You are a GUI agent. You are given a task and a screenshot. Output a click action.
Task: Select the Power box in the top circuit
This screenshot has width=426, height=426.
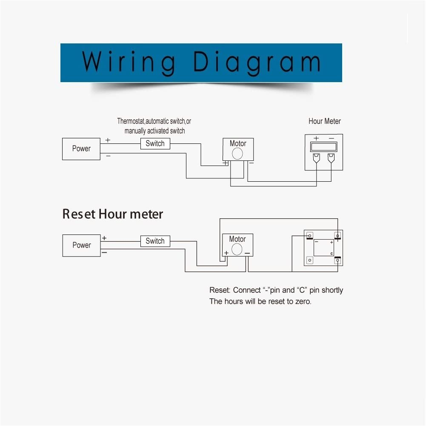[81, 149]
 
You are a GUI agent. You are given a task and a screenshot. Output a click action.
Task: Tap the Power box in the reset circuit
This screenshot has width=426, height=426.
[82, 245]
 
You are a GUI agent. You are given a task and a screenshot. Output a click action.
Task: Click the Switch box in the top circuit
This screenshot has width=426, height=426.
[155, 143]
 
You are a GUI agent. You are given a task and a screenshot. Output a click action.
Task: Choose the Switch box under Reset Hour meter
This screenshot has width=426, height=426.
[155, 241]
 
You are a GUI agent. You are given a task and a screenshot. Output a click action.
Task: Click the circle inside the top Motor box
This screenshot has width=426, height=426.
[237, 154]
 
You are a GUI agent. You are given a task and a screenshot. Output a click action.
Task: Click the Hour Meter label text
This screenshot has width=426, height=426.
[324, 121]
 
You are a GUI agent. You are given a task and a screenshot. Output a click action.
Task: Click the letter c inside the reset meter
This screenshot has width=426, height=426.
[332, 254]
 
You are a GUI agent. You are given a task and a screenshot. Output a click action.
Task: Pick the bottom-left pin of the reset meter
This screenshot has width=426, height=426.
[309, 260]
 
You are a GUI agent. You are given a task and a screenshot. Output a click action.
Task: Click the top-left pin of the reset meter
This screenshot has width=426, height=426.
[309, 236]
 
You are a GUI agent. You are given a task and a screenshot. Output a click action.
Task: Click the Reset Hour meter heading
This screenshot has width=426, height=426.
[112, 214]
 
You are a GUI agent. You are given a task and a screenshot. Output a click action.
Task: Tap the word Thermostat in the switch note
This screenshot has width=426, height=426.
[131, 121]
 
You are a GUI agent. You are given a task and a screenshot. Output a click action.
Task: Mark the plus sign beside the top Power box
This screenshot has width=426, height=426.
[108, 140]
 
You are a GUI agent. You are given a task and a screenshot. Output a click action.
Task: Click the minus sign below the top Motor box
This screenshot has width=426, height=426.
[251, 163]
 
